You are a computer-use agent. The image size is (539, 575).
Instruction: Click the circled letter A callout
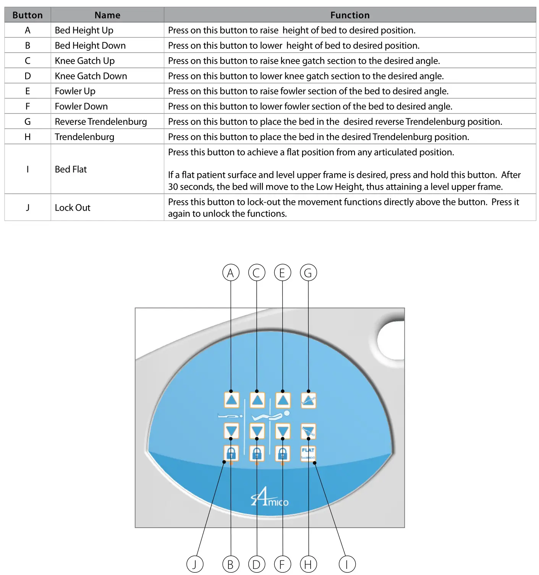click(x=231, y=273)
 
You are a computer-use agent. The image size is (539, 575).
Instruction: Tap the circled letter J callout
click(x=195, y=564)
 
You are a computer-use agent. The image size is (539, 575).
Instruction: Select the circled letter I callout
click(x=347, y=564)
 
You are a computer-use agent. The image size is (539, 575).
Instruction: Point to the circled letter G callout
click(x=308, y=273)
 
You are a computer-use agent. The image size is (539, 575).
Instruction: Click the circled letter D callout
click(x=257, y=564)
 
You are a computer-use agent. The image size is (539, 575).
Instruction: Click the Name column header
click(x=107, y=15)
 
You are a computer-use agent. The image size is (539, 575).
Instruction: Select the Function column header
click(x=350, y=15)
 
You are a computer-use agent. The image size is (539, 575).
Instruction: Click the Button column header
click(x=28, y=15)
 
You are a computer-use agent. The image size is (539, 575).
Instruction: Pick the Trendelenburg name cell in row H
click(x=84, y=137)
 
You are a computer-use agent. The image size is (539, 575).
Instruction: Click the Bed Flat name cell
click(x=71, y=169)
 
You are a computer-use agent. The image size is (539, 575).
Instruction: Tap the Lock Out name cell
click(x=73, y=208)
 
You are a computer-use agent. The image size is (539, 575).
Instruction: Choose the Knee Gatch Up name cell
click(x=85, y=61)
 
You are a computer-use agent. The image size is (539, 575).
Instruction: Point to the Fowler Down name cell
click(x=81, y=106)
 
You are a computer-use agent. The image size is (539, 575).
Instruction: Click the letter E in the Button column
click(x=28, y=91)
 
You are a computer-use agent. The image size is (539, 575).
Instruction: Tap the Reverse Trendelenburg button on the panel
click(x=308, y=401)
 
